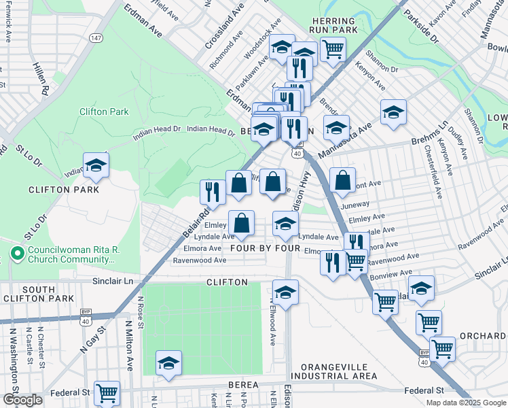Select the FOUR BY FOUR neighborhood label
click(265, 249)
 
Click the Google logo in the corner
click(22, 400)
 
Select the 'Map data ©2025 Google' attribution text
click(465, 403)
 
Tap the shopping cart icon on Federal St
click(107, 392)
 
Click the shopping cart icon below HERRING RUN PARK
click(332, 49)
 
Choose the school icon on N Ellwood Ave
click(286, 292)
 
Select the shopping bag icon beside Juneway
click(343, 181)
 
